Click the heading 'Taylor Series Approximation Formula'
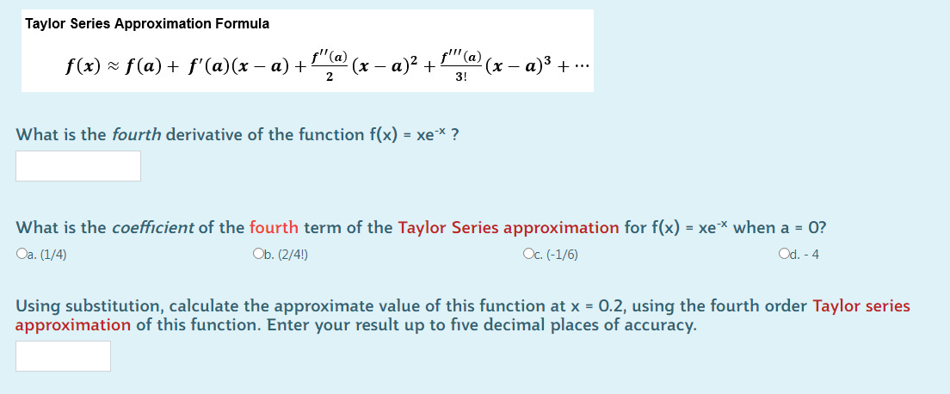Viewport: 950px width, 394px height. tap(147, 23)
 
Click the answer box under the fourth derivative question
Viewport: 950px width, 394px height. tap(78, 166)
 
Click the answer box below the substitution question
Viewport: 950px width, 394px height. tap(63, 356)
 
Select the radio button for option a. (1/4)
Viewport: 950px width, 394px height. tap(21, 254)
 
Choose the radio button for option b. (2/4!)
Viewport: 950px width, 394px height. tap(257, 254)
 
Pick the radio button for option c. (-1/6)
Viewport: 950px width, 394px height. tap(527, 254)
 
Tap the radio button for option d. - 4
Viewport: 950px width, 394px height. tap(781, 254)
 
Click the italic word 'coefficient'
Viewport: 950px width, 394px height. tap(152, 228)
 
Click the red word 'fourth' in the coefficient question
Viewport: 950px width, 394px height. tap(274, 228)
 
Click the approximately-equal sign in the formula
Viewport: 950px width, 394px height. tap(113, 65)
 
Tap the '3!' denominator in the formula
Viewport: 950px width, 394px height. tap(462, 76)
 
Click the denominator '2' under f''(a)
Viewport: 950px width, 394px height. tap(330, 76)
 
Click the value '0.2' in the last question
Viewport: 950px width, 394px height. tap(610, 305)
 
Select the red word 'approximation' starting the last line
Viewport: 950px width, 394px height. tap(73, 325)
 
